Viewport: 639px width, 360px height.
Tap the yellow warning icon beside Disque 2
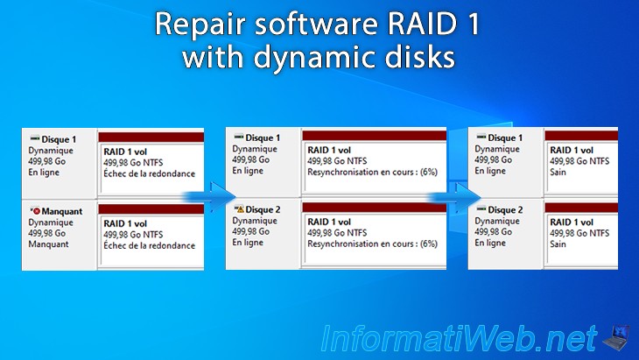point(239,210)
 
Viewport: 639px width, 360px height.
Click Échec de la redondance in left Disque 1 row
point(144,173)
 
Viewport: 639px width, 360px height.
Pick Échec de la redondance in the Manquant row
point(144,246)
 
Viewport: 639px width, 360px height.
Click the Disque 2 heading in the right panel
point(505,210)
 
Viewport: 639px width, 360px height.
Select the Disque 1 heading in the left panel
point(59,139)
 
